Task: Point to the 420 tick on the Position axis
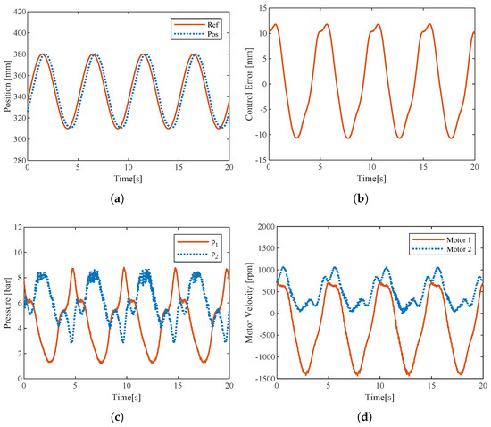click(20, 12)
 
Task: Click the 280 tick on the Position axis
click(20, 160)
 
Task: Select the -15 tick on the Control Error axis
click(261, 160)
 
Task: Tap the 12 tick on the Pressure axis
click(18, 227)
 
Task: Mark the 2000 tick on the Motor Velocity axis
click(266, 227)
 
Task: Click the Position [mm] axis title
click(7, 87)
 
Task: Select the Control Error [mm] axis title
click(249, 84)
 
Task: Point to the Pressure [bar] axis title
click(7, 303)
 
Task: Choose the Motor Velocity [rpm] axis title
click(249, 303)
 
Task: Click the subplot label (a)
click(118, 198)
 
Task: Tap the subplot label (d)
click(365, 417)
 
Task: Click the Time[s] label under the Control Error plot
click(371, 179)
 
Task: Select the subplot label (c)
click(118, 417)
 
